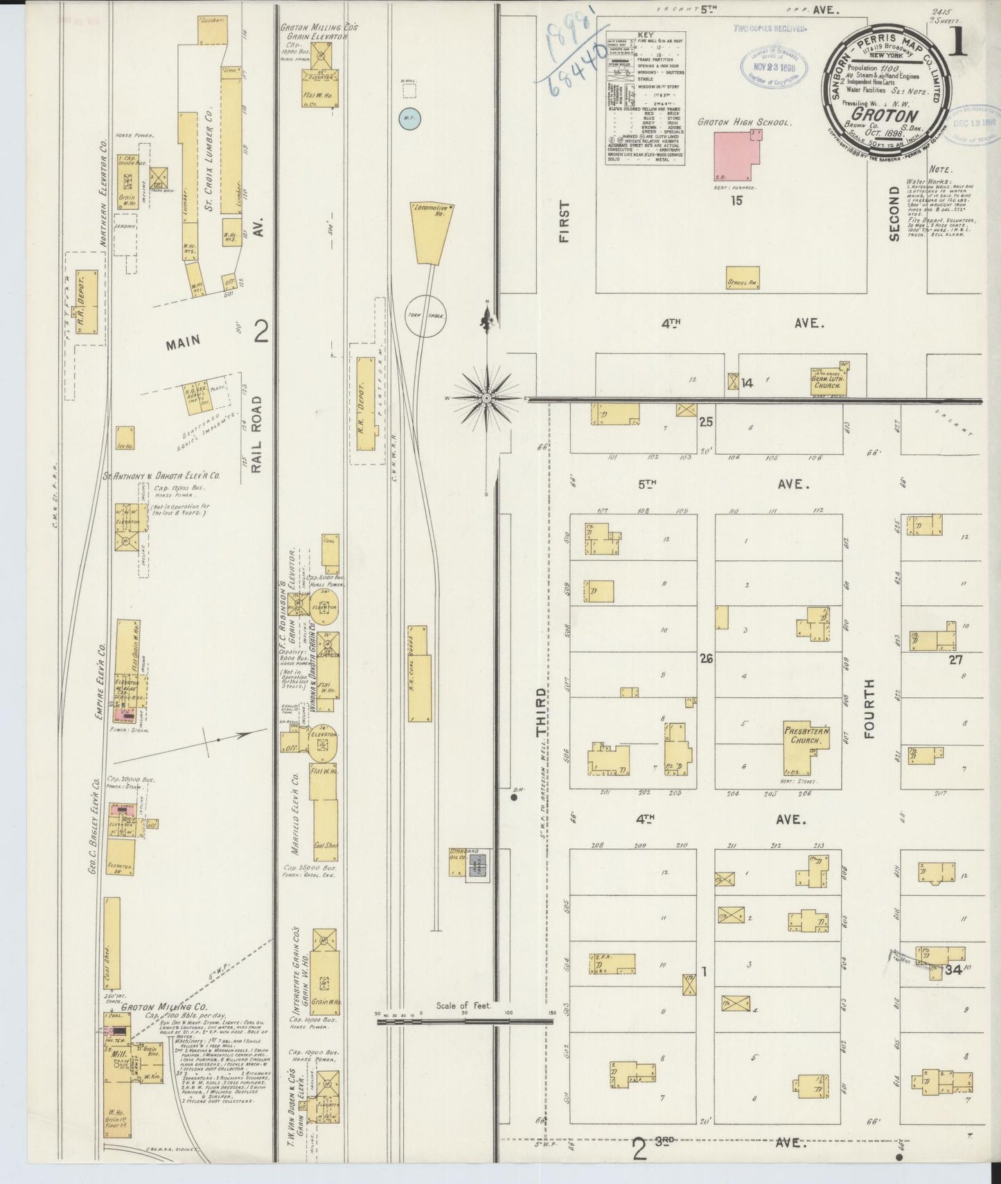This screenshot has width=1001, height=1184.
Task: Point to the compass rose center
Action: click(487, 399)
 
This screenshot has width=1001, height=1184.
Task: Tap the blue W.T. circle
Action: click(409, 119)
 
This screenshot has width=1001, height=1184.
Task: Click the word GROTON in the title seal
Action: click(885, 116)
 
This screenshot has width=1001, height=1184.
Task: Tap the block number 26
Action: click(706, 659)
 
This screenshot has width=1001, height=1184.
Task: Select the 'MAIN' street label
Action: click(183, 340)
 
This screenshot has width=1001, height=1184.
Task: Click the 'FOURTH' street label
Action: click(870, 708)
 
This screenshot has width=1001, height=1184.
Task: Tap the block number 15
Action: click(736, 200)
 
